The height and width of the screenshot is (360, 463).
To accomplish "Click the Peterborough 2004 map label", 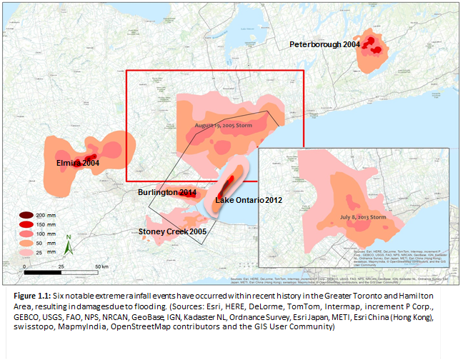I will click(324, 44).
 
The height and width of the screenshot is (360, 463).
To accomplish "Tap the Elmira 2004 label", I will click(77, 164).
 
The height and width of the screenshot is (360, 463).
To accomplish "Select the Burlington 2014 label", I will click(167, 193).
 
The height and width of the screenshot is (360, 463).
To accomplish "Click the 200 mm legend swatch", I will click(26, 215).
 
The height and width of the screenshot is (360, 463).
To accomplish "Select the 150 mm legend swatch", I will click(26, 224).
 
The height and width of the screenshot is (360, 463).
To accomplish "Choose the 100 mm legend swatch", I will click(26, 233).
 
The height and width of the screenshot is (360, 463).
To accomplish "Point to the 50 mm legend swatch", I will click(26, 243).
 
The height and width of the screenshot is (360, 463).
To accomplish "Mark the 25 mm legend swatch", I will click(26, 252).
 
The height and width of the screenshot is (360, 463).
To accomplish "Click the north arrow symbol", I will click(67, 245).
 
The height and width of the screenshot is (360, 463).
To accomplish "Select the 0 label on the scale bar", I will click(24, 266).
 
